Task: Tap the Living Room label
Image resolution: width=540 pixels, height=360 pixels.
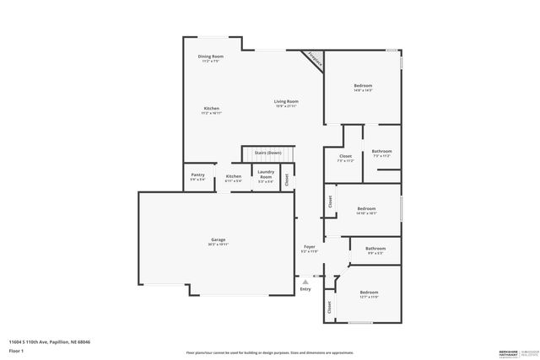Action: pyautogui.click(x=286, y=102)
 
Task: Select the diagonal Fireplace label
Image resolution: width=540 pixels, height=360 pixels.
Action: pyautogui.click(x=316, y=59)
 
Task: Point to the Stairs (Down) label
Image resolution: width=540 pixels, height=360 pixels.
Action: pyautogui.click(x=267, y=153)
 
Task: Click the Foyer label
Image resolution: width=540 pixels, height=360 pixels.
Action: pyautogui.click(x=310, y=248)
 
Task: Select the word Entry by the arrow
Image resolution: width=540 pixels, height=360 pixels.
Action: pyautogui.click(x=305, y=289)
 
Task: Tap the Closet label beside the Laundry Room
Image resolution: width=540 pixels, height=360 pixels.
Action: pyautogui.click(x=287, y=179)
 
